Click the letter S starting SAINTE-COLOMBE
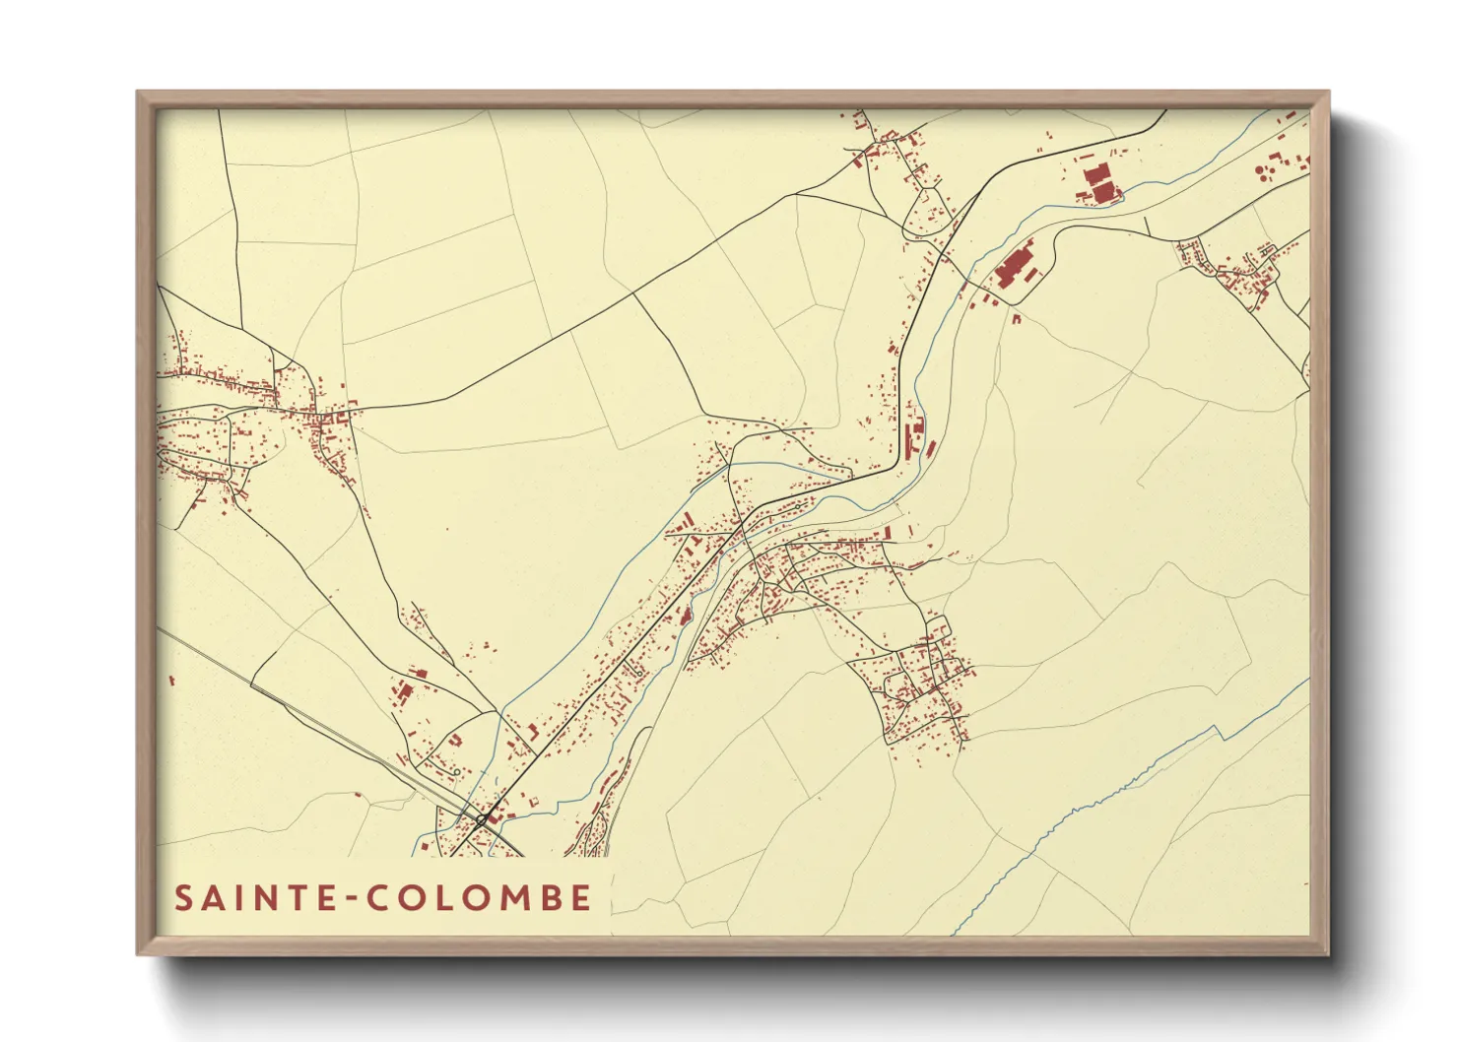pyautogui.click(x=184, y=898)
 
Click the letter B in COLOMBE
pyautogui.click(x=548, y=898)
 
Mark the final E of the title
pyautogui.click(x=581, y=898)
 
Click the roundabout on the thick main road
pyautogui.click(x=482, y=818)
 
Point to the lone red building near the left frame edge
pyautogui.click(x=171, y=680)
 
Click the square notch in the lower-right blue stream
pyautogui.click(x=1221, y=731)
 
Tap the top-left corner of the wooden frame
pyautogui.click(x=139, y=93)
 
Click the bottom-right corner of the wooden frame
pyautogui.click(x=1328, y=953)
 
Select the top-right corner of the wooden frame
pyautogui.click(x=1328, y=93)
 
